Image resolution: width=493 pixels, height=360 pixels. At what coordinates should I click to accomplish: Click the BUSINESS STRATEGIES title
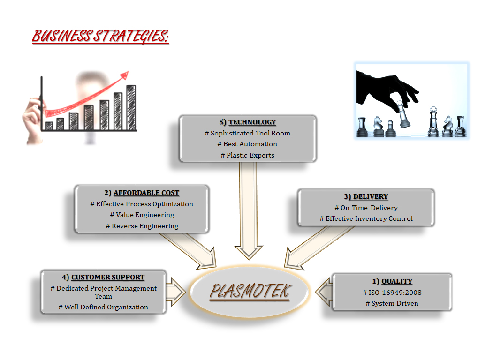tap(100, 36)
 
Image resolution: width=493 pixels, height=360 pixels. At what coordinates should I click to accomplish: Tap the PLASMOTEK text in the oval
tap(250, 291)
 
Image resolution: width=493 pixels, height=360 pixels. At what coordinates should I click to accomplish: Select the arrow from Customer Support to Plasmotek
tap(175, 292)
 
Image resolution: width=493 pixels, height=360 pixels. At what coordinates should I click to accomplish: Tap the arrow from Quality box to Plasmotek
tap(324, 292)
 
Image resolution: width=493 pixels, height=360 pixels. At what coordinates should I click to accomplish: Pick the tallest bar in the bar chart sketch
tap(131, 107)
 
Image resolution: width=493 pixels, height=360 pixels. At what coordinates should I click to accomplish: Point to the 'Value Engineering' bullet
tap(142, 215)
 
